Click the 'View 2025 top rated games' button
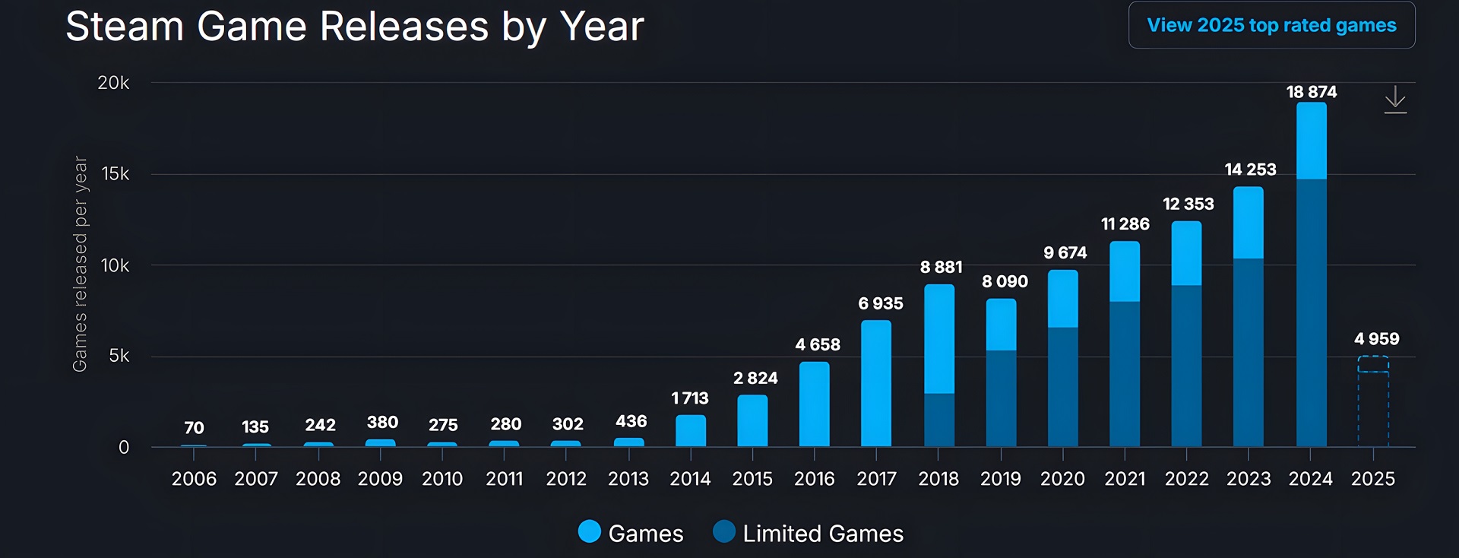tap(1271, 25)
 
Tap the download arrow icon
tap(1395, 100)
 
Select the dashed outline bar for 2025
tap(1373, 403)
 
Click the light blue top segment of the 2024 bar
tap(1312, 141)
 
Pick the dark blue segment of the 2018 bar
tap(939, 420)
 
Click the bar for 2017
tap(876, 383)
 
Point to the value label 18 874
tap(1312, 92)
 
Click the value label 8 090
tap(1005, 281)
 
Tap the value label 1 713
tap(690, 398)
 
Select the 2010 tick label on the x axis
tap(442, 479)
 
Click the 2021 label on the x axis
tap(1125, 479)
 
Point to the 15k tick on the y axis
tap(116, 174)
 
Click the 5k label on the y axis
tap(119, 356)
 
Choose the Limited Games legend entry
tap(809, 533)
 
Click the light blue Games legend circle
tap(590, 532)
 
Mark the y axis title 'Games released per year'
tap(80, 264)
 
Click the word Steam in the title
tap(125, 27)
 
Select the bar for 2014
tap(691, 430)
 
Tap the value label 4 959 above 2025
tap(1376, 339)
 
